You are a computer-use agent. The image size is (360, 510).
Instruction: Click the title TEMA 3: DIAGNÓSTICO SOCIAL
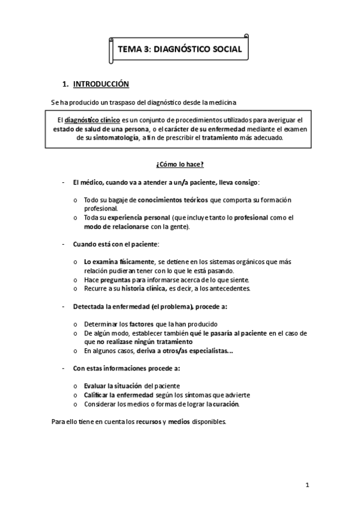(x=180, y=50)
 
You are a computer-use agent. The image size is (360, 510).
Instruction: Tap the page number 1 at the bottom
(x=307, y=485)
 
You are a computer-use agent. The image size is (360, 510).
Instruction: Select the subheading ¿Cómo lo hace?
(x=180, y=164)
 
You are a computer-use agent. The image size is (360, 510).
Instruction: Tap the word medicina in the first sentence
(x=231, y=100)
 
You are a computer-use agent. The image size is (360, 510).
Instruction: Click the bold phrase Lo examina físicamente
(x=118, y=262)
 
